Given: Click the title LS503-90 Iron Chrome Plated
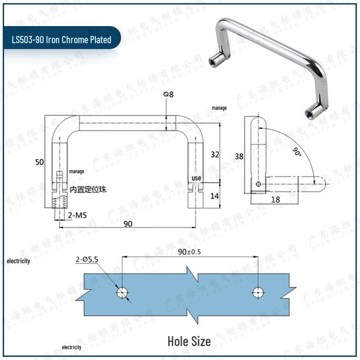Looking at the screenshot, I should point(62,40).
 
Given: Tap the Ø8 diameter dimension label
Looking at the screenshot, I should point(169,94).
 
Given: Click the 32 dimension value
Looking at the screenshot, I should point(215,154).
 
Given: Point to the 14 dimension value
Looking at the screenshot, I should point(215,196).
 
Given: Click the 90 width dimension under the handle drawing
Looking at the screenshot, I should point(128,224).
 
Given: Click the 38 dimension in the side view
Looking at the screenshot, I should point(239,157).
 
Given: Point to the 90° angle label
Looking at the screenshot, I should point(296,152).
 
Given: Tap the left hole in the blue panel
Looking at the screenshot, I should point(122,292).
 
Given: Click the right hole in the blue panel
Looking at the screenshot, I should point(257,292).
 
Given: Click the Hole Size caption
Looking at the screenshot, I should point(189,341).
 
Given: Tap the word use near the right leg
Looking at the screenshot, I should point(197,178).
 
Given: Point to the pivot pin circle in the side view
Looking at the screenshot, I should point(258,184).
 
